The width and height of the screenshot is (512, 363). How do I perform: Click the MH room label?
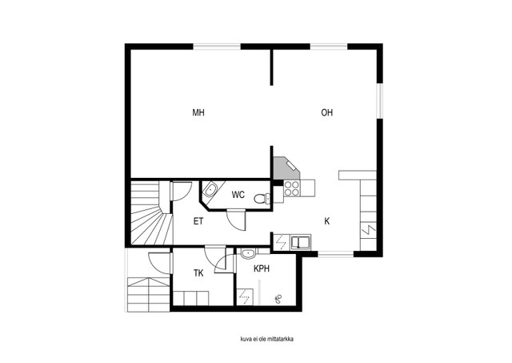(198, 113)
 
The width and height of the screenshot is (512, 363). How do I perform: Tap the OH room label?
(327, 113)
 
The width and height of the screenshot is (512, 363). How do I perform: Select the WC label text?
(238, 195)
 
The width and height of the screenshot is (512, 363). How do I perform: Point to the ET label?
(198, 221)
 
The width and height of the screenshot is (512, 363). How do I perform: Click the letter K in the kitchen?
(327, 221)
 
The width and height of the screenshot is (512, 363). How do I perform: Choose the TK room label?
(198, 273)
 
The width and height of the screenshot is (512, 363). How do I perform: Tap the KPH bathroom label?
(262, 268)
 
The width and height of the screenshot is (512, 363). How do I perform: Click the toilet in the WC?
(262, 199)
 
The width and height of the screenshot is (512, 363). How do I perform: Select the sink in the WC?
(210, 190)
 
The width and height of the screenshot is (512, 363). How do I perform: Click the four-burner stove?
(291, 188)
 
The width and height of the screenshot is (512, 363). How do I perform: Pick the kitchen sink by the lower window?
(301, 242)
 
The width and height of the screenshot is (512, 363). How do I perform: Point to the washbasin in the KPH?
(249, 253)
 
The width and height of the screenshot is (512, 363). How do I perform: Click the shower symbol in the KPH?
(278, 298)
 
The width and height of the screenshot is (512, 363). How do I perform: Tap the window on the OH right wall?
(379, 100)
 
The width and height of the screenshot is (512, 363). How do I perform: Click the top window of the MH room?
(217, 47)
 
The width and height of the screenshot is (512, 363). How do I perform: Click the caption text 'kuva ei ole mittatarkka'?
(266, 339)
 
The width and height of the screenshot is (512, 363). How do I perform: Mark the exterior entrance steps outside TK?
(149, 295)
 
